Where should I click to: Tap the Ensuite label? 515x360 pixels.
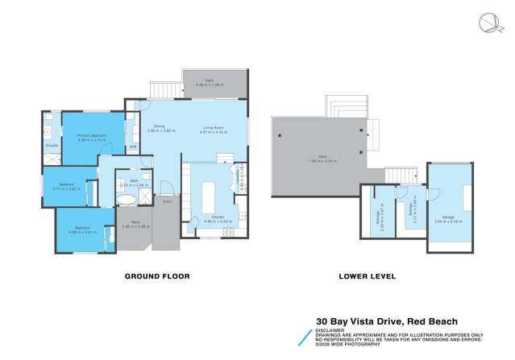pyautogui.click(x=52, y=145)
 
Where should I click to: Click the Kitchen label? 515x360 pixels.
pyautogui.click(x=215, y=216)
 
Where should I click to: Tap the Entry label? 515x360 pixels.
pyautogui.click(x=167, y=201)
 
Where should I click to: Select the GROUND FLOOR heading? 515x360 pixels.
pyautogui.click(x=156, y=276)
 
